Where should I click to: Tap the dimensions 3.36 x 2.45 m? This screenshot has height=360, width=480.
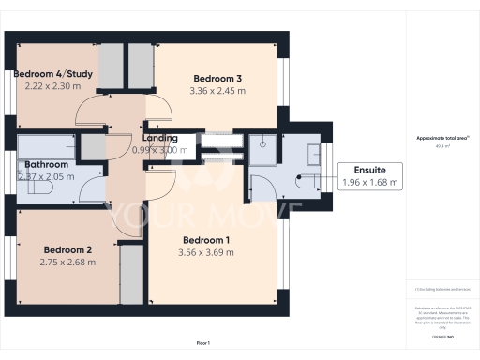click(x=218, y=91)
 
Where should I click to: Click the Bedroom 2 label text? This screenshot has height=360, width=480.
click(x=67, y=249)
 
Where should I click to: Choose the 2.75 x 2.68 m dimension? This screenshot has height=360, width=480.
click(x=67, y=262)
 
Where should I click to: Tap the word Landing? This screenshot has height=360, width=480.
click(x=159, y=137)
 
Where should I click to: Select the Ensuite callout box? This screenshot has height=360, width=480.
click(x=370, y=175)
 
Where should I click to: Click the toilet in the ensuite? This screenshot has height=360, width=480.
click(x=307, y=182)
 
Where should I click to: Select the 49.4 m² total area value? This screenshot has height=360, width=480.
click(x=441, y=145)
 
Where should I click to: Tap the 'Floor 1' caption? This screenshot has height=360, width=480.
click(x=202, y=343)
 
